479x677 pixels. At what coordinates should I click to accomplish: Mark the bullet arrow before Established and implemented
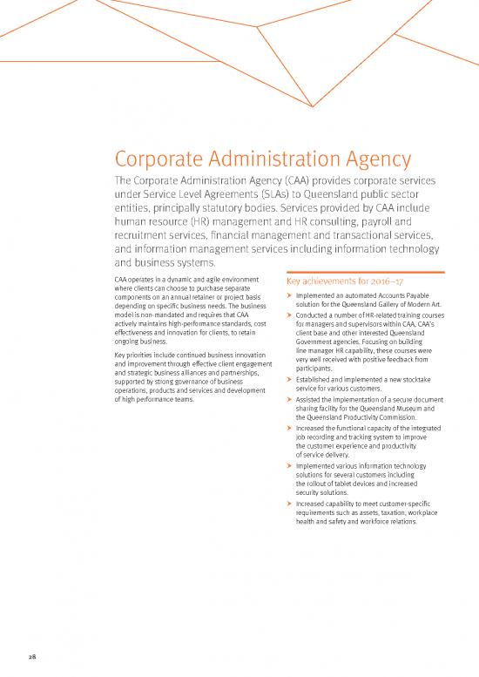(289, 381)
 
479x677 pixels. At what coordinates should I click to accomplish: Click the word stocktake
(422, 381)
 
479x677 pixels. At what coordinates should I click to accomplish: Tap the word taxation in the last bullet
(388, 512)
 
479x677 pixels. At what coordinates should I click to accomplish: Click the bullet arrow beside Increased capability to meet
(289, 504)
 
